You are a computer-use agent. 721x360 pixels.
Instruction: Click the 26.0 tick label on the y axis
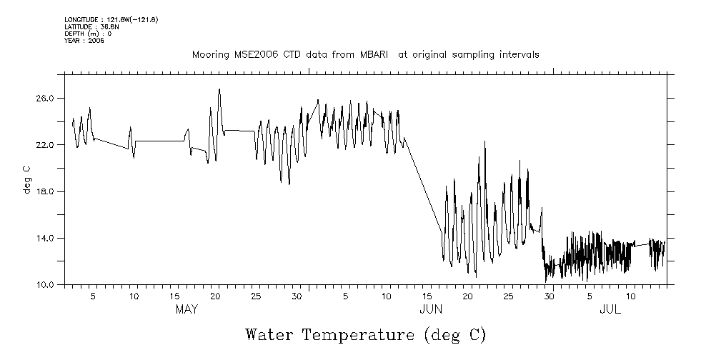(x=45, y=98)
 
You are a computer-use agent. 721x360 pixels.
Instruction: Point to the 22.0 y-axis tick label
(x=45, y=145)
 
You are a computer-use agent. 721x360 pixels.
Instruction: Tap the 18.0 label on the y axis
(x=45, y=191)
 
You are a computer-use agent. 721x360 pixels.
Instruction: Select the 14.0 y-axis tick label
(x=45, y=239)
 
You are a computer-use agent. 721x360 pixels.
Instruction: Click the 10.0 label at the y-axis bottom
(x=45, y=285)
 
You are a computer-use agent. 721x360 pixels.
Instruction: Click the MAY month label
(x=187, y=310)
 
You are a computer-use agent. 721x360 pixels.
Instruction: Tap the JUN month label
(x=431, y=310)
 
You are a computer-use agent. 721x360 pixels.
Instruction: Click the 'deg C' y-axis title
(x=27, y=179)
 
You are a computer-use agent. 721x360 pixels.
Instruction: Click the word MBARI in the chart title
(x=373, y=54)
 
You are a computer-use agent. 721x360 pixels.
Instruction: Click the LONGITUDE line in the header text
(x=111, y=19)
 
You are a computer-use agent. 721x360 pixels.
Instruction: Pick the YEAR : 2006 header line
(x=84, y=41)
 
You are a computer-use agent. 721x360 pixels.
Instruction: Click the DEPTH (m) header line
(x=88, y=34)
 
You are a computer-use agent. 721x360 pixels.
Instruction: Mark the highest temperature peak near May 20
(x=219, y=89)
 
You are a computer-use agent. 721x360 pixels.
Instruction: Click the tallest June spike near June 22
(x=485, y=141)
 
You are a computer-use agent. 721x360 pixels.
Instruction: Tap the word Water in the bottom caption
(x=270, y=334)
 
